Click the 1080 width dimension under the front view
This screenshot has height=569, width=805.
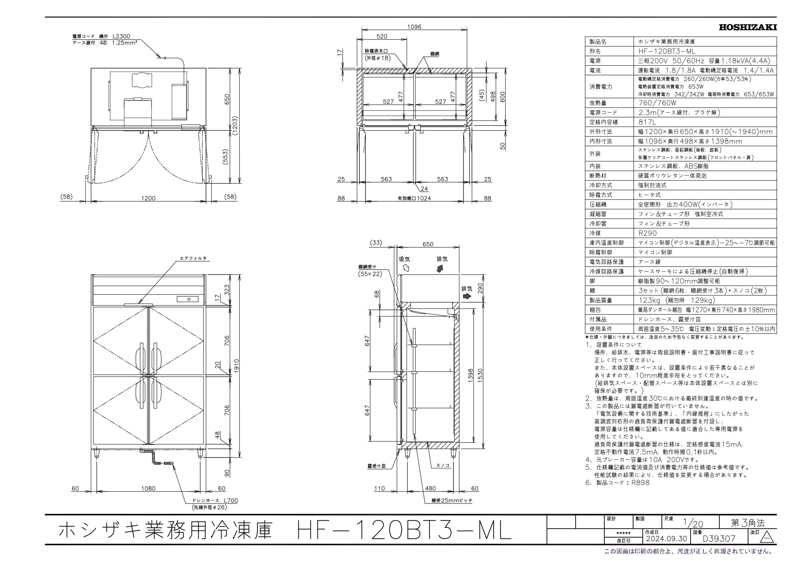pyautogui.click(x=149, y=488)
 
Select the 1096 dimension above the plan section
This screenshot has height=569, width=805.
pyautogui.click(x=414, y=27)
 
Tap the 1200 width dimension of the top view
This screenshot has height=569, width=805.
pyautogui.click(x=148, y=198)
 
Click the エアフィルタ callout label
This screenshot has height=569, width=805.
pyautogui.click(x=193, y=258)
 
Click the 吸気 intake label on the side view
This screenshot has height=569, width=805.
pyautogui.click(x=404, y=259)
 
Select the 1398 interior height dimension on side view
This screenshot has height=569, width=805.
pyautogui.click(x=471, y=376)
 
